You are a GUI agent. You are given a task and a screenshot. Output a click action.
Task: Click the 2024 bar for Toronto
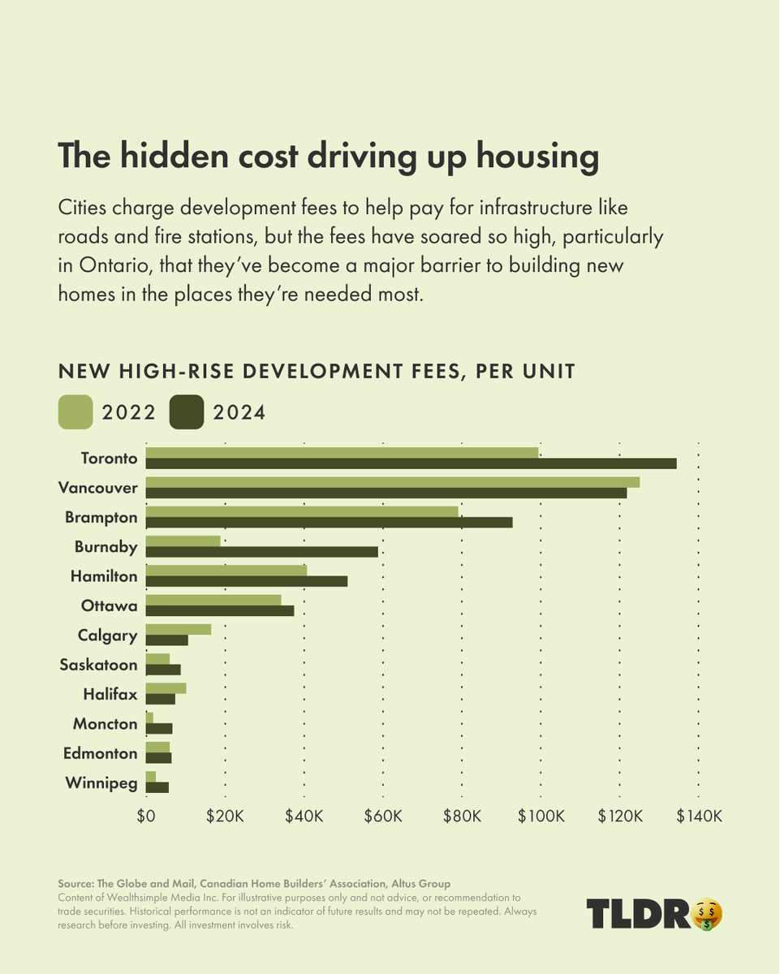pyautogui.click(x=411, y=463)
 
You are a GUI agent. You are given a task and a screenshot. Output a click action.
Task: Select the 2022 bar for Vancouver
pyautogui.click(x=392, y=482)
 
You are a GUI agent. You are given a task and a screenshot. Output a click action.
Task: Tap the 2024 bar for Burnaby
pyautogui.click(x=261, y=552)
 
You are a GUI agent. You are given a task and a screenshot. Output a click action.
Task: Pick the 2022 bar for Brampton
pyautogui.click(x=301, y=511)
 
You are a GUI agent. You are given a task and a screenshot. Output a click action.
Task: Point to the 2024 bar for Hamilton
pyautogui.click(x=246, y=581)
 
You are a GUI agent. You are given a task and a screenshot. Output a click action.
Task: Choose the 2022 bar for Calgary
pyautogui.click(x=178, y=629)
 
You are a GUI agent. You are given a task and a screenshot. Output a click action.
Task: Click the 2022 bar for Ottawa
pyautogui.click(x=213, y=600)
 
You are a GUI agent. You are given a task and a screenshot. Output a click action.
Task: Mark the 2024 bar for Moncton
pyautogui.click(x=158, y=729)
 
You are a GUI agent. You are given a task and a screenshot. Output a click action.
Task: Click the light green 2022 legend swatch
pyautogui.click(x=75, y=412)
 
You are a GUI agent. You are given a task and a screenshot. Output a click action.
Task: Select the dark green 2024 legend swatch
pyautogui.click(x=186, y=412)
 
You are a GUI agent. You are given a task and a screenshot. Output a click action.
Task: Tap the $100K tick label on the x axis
pyautogui.click(x=541, y=816)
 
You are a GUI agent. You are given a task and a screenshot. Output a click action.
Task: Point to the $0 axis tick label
pyautogui.click(x=146, y=816)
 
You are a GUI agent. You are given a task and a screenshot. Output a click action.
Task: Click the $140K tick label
pyautogui.click(x=699, y=816)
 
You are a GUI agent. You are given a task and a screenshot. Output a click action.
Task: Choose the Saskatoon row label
pyautogui.click(x=98, y=665)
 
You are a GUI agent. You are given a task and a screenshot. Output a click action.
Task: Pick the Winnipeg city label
pyautogui.click(x=101, y=783)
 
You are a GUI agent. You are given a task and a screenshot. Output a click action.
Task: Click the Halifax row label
pyautogui.click(x=110, y=695)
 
